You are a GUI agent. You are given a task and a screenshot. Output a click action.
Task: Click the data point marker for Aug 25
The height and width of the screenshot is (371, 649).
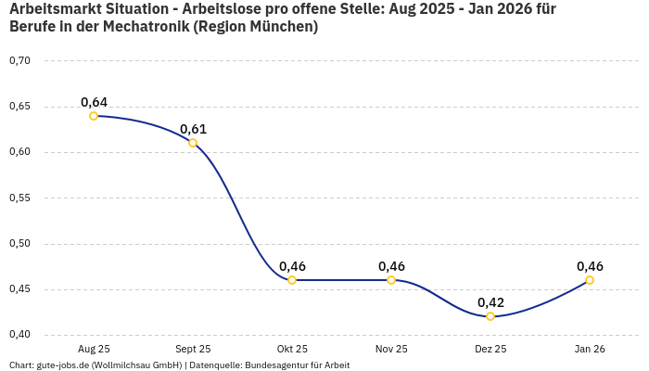(x=94, y=116)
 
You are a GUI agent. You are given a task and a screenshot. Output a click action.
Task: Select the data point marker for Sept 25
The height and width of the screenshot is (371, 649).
(x=193, y=143)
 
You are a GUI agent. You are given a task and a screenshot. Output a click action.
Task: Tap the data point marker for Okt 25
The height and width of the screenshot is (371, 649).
(x=292, y=280)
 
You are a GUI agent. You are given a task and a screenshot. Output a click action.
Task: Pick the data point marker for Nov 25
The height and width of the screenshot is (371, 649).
(x=391, y=280)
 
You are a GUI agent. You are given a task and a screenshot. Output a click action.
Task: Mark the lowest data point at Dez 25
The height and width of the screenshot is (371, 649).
(x=490, y=316)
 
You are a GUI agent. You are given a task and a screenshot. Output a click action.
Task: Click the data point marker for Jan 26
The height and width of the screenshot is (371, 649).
(x=590, y=280)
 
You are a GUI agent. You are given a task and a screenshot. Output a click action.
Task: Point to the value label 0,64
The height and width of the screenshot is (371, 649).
(x=94, y=102)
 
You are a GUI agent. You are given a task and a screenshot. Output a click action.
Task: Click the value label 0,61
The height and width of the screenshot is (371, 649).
(x=193, y=129)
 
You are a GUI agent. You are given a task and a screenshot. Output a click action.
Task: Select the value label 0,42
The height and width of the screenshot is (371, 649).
(x=490, y=302)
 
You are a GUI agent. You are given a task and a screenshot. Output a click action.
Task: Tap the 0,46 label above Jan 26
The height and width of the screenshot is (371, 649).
(x=590, y=266)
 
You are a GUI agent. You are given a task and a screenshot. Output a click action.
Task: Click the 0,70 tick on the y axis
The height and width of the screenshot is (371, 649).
(x=19, y=61)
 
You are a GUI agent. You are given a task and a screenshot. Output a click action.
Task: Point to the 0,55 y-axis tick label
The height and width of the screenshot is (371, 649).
(x=19, y=198)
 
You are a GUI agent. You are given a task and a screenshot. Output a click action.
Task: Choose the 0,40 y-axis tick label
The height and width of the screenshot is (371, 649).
(x=19, y=335)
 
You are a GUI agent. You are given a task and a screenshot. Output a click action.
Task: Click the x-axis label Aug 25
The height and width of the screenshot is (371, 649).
(x=94, y=350)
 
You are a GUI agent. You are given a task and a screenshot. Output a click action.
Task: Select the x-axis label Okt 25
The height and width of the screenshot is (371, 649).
(x=292, y=350)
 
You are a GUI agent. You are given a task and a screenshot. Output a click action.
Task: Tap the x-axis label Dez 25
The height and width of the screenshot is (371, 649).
(x=490, y=350)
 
